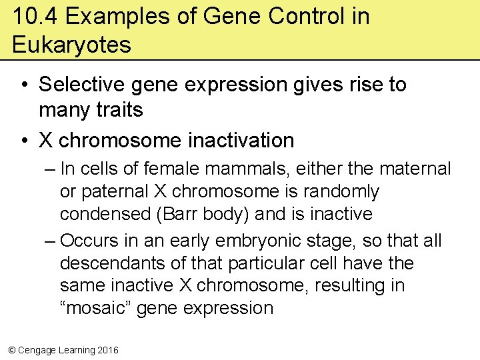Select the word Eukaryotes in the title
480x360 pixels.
point(71,45)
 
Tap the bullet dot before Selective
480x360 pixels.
point(24,85)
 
